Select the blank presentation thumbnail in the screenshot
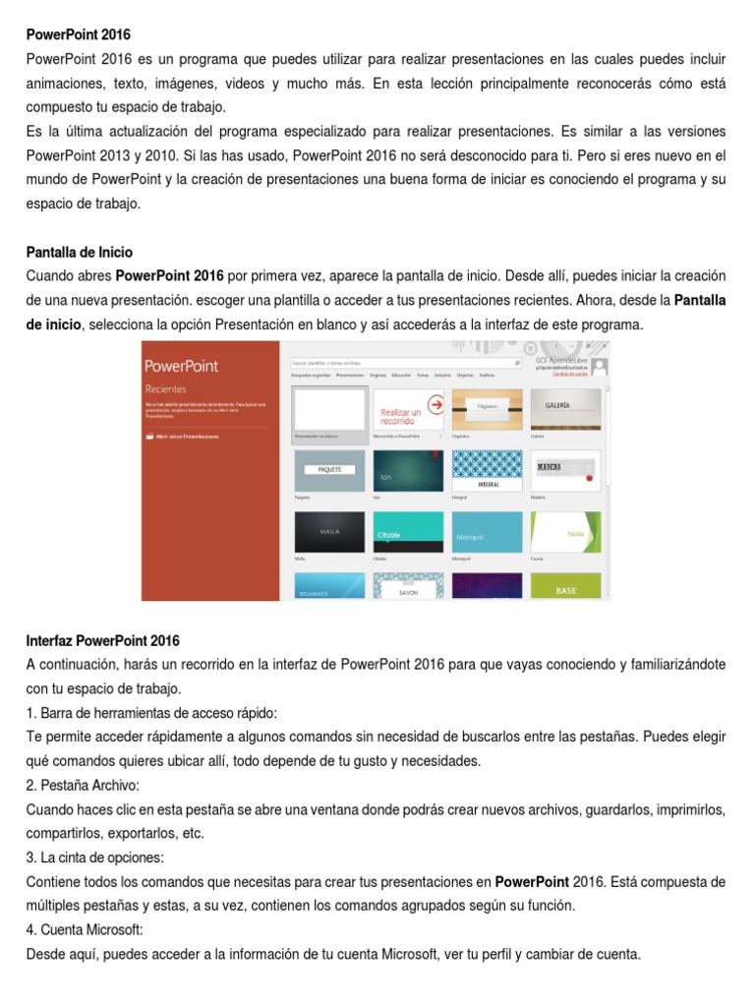pos(329,407)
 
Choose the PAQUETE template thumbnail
pos(329,470)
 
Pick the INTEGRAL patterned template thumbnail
pos(487,470)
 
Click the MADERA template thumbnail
pos(565,470)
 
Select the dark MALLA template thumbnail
pos(329,532)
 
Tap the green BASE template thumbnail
pos(565,586)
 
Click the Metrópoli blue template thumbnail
pos(487,532)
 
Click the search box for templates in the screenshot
pos(403,363)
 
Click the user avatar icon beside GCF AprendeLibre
pos(600,366)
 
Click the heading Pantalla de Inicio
pos(79,253)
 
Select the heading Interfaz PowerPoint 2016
pos(102,641)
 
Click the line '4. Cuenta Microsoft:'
pos(87,929)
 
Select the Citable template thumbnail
pos(407,532)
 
